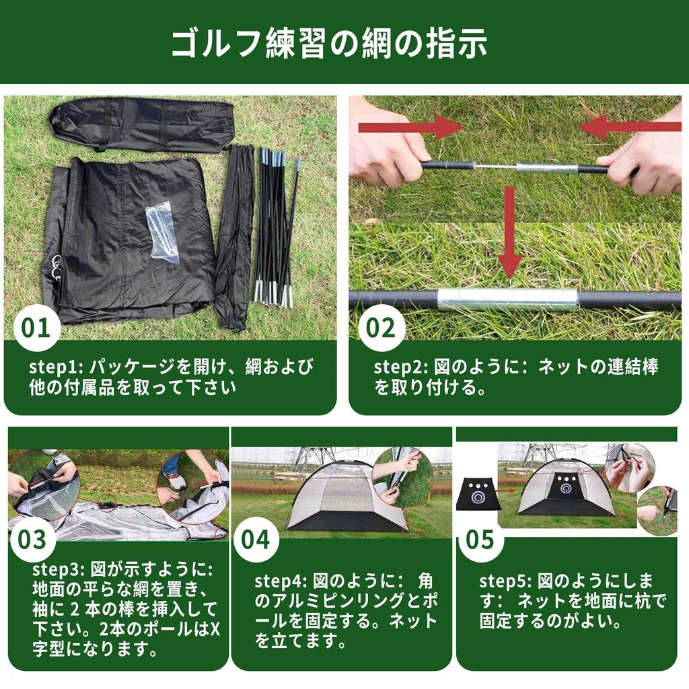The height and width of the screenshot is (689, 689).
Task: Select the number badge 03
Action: [32, 539]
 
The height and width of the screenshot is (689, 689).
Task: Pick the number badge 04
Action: [256, 539]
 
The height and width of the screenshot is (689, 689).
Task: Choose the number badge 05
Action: [480, 539]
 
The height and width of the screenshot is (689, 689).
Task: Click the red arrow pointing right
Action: [410, 126]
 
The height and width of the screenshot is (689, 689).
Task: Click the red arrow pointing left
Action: [630, 126]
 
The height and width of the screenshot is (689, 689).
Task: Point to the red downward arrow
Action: [509, 232]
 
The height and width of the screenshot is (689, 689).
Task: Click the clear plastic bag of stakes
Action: [162, 231]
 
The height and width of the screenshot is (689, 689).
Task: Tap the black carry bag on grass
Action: [141, 124]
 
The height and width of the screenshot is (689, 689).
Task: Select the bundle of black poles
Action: [275, 229]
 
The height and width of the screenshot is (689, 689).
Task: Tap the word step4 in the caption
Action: [279, 581]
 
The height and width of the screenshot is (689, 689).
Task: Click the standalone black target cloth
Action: [478, 495]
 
